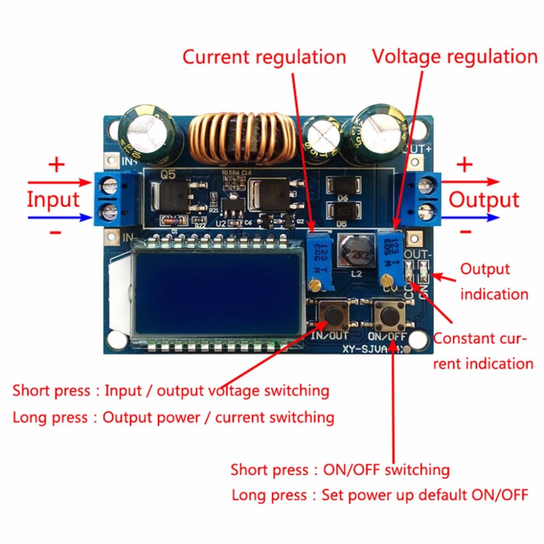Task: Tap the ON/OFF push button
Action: [388, 314]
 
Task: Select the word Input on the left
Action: [53, 200]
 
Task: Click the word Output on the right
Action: [484, 200]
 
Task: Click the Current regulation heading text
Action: [264, 57]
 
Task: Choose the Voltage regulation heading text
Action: [454, 57]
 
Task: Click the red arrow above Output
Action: [471, 181]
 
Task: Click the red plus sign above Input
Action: [57, 165]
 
